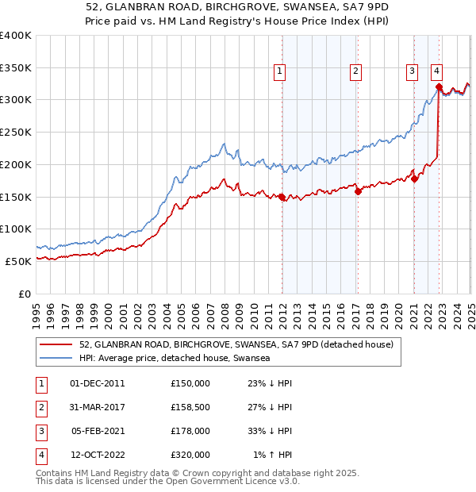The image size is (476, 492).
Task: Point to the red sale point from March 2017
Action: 358,190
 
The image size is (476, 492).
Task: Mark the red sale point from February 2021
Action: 414,179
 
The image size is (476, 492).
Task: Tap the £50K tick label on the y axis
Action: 19,261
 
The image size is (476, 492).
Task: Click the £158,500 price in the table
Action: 190,407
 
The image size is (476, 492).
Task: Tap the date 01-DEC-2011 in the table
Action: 98,383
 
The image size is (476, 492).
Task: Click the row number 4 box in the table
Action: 40,455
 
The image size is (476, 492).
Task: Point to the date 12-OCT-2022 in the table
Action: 98,455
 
